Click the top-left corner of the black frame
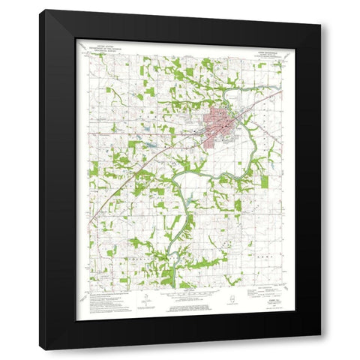[x=40, y=10]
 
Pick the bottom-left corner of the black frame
[x=40, y=349]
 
